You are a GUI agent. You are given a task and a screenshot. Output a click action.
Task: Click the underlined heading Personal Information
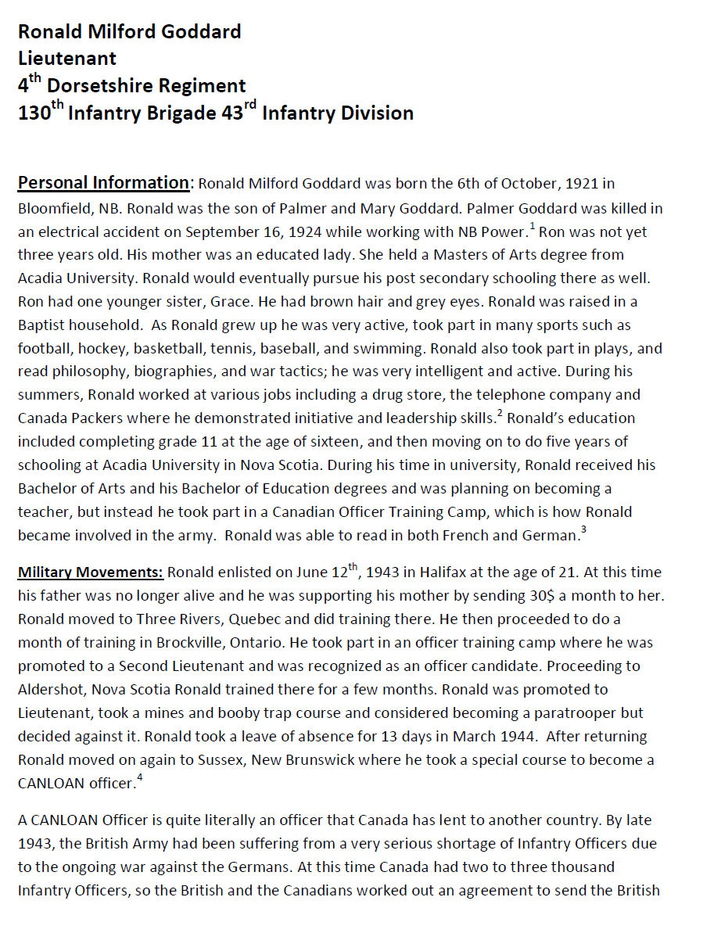pyautogui.click(x=103, y=183)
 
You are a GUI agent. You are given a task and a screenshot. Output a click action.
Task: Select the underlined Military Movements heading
pyautogui.click(x=90, y=572)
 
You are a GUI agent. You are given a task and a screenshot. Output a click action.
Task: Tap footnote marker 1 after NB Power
pyautogui.click(x=533, y=227)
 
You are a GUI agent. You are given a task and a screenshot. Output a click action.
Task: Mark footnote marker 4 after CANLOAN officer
pyautogui.click(x=140, y=777)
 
